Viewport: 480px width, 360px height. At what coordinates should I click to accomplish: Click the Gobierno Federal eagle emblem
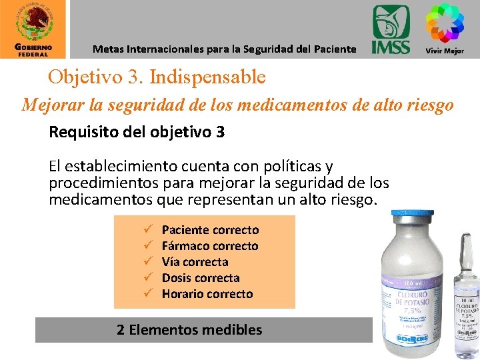pos(33,22)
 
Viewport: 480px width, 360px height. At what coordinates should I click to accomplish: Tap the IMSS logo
pos(391,30)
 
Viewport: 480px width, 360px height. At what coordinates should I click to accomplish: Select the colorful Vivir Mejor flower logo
pos(445,23)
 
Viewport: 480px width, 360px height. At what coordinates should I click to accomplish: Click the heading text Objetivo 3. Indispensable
pos(157,77)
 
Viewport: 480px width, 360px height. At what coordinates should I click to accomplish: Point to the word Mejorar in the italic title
pos(51,105)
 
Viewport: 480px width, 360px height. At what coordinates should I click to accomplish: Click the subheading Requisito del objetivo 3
pos(137,132)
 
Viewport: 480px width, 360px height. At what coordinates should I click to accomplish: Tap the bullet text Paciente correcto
pos(210,230)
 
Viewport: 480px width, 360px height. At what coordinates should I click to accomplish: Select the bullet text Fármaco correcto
pos(210,246)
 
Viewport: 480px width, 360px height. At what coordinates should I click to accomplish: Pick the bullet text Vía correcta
pos(195,262)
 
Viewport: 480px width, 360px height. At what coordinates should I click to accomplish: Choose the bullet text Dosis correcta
pos(201,278)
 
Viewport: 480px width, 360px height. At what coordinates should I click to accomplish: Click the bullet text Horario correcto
pos(207,294)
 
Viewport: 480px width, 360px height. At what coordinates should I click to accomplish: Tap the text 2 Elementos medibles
pos(189,329)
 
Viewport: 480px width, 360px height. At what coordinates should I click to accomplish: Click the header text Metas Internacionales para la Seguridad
pos(224,49)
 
